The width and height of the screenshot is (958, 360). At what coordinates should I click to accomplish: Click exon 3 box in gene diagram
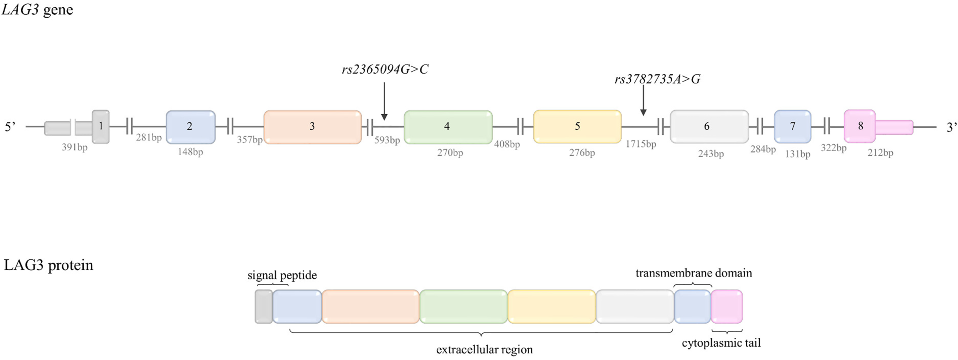point(312,127)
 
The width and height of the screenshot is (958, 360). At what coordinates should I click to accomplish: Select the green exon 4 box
point(448,127)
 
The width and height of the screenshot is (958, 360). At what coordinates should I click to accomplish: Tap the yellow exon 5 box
point(577,126)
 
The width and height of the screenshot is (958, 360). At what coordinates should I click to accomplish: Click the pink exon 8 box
point(859,126)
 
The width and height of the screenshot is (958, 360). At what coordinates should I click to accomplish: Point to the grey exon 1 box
point(101,126)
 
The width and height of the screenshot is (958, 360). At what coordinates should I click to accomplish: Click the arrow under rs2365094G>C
point(384,101)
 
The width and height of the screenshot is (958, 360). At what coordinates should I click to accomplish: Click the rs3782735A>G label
point(657,79)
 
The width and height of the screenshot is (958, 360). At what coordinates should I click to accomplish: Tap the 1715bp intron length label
point(640,144)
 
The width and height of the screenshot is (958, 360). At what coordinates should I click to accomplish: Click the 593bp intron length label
point(387,140)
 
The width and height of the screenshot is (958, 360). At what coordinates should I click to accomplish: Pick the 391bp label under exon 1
point(75,147)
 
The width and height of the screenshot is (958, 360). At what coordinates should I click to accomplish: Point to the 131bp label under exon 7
point(797,154)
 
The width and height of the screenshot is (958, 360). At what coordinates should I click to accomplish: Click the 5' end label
point(10,127)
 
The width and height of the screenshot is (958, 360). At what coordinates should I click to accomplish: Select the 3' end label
point(951,127)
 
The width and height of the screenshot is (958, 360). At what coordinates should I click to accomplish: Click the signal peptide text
point(282,275)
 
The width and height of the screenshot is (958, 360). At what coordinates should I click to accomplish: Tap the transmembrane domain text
point(694,273)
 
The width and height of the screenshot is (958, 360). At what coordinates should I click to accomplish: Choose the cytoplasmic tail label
point(721,343)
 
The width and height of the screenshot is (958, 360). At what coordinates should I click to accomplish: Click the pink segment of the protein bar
point(727,306)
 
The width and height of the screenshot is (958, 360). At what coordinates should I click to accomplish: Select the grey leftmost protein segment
point(264,306)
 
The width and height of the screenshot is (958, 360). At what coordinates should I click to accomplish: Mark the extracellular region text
point(484,349)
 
